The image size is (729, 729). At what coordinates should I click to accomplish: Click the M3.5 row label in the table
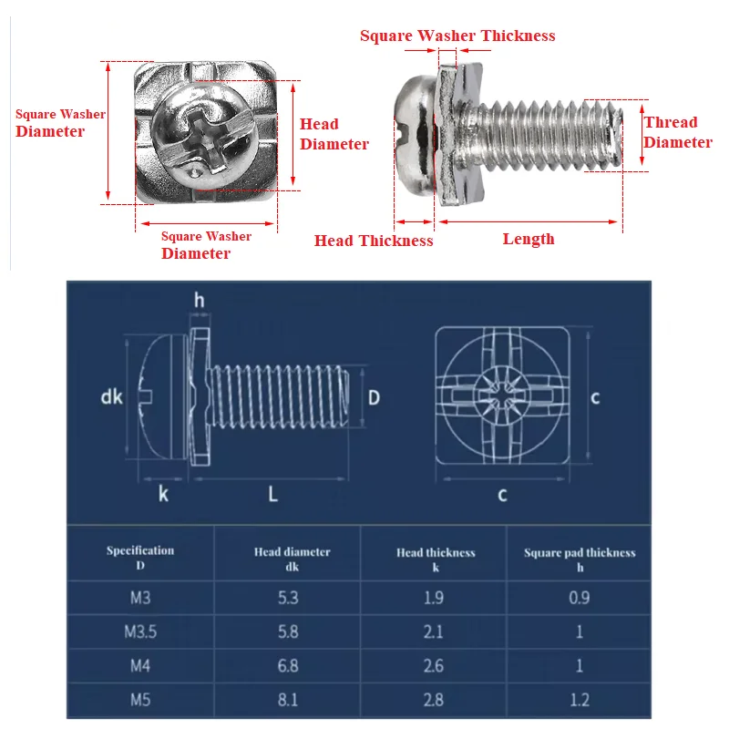coord(139,631)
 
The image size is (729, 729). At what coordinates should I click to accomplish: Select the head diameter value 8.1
coord(288,700)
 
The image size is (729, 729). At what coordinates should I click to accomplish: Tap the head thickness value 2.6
coord(435,666)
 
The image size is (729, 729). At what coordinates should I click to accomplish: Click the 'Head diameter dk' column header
coord(292,559)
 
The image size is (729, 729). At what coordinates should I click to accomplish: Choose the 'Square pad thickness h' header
coord(580,559)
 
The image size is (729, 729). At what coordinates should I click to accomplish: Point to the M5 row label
coord(139,700)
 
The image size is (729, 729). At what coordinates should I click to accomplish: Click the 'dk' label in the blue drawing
coord(111,396)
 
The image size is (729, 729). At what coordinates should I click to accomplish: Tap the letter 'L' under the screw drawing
coord(272,494)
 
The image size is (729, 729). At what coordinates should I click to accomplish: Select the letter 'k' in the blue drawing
coord(163,494)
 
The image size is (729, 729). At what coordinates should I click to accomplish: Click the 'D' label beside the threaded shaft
coord(374,396)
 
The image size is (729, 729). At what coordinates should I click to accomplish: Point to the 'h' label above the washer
coord(199,299)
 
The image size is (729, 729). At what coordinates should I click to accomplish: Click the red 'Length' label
coord(529,239)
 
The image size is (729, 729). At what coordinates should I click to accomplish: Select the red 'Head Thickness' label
coord(374,241)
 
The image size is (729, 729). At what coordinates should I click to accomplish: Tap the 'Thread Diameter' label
coord(677,132)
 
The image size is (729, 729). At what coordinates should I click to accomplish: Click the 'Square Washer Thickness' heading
coord(457,36)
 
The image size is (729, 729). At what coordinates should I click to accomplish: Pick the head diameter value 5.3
coord(288,598)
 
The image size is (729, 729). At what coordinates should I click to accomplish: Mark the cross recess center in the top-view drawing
coord(502,396)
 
